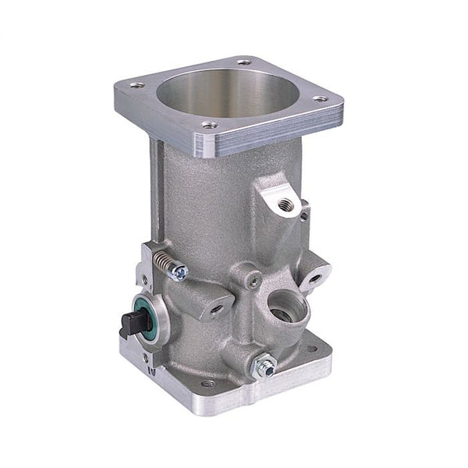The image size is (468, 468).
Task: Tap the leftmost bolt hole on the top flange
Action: click(x=138, y=87)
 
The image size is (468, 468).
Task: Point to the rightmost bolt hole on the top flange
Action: click(x=320, y=99)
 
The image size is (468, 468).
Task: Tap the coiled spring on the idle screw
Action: click(x=162, y=261)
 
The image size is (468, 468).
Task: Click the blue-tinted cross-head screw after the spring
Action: click(x=181, y=272)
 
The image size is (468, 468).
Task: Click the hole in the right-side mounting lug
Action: click(x=317, y=275)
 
